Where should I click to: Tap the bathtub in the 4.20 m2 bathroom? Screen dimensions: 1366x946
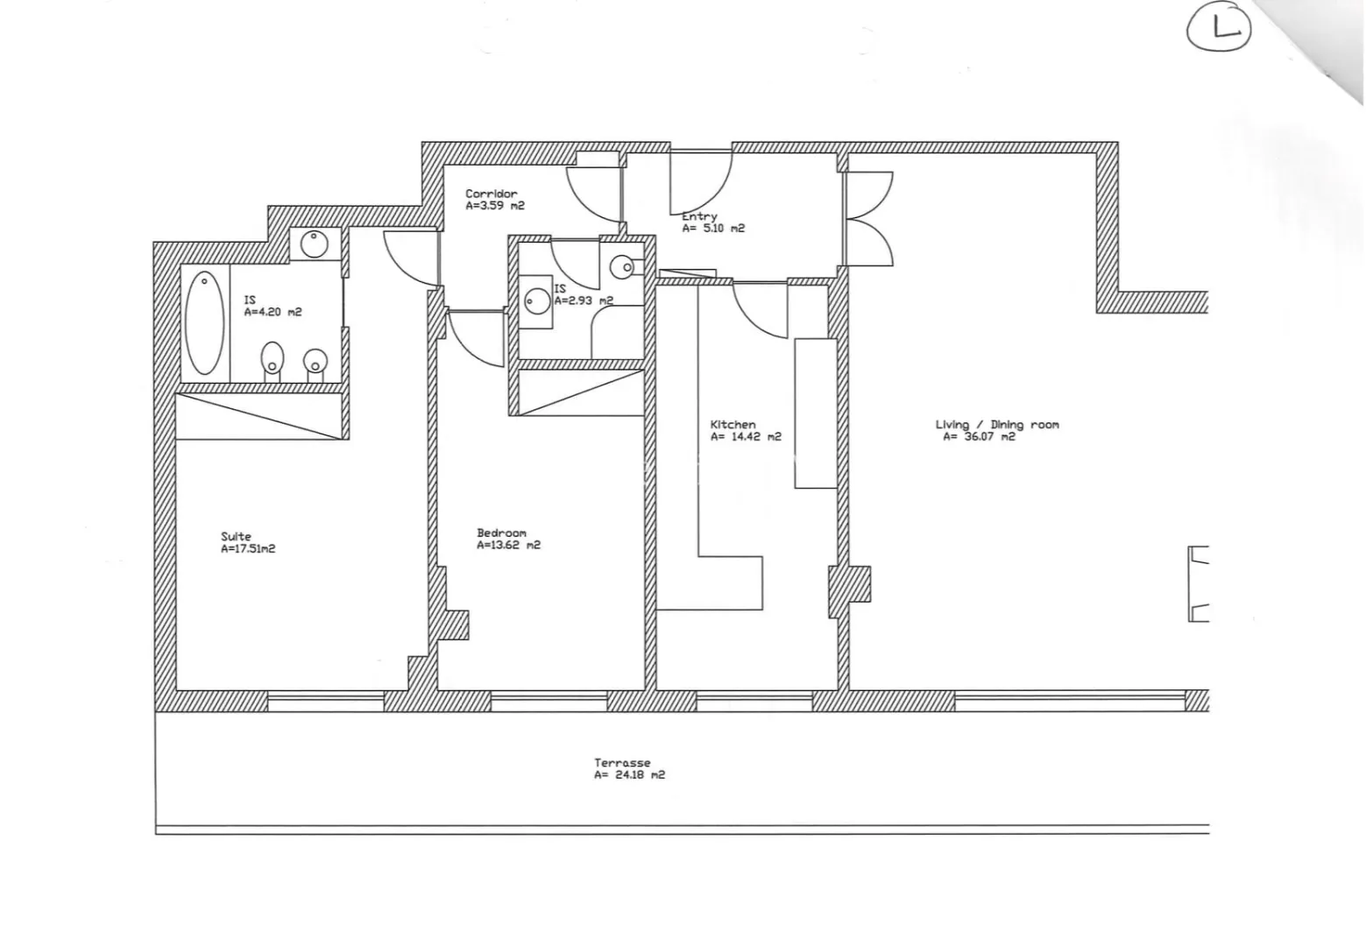pos(204,323)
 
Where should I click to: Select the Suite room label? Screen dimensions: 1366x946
pos(236,536)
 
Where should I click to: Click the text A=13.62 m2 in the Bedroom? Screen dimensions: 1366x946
pos(508,545)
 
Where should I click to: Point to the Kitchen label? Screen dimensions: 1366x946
pos(733,424)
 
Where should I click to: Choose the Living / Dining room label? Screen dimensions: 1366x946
pos(997,424)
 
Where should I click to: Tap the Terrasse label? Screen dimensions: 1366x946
pos(623,763)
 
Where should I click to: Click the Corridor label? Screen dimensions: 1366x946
pos(492,194)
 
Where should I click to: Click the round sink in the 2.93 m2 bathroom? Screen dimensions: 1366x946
pos(537,301)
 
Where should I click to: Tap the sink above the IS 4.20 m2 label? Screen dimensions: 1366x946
pos(314,244)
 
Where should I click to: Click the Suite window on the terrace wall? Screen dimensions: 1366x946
pos(326,701)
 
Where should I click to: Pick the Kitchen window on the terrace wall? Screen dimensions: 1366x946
pos(754,701)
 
